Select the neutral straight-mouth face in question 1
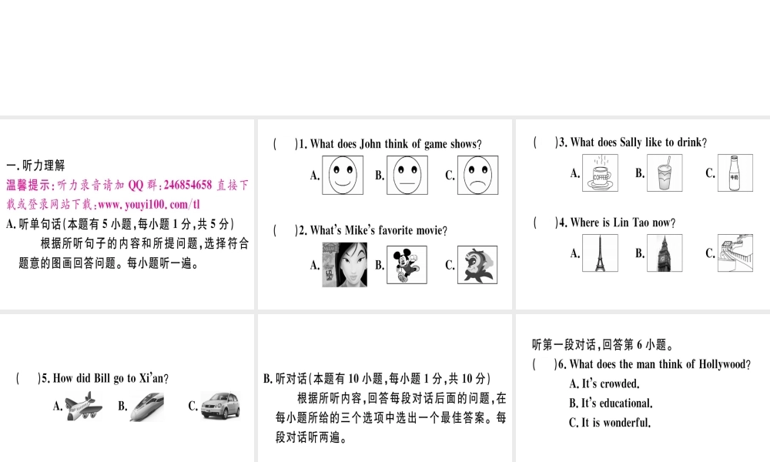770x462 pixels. coord(407,175)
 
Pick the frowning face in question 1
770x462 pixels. coord(477,175)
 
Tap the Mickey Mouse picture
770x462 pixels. coord(407,265)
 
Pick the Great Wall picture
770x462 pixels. coord(734,253)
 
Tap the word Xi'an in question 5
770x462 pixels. coord(151,378)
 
